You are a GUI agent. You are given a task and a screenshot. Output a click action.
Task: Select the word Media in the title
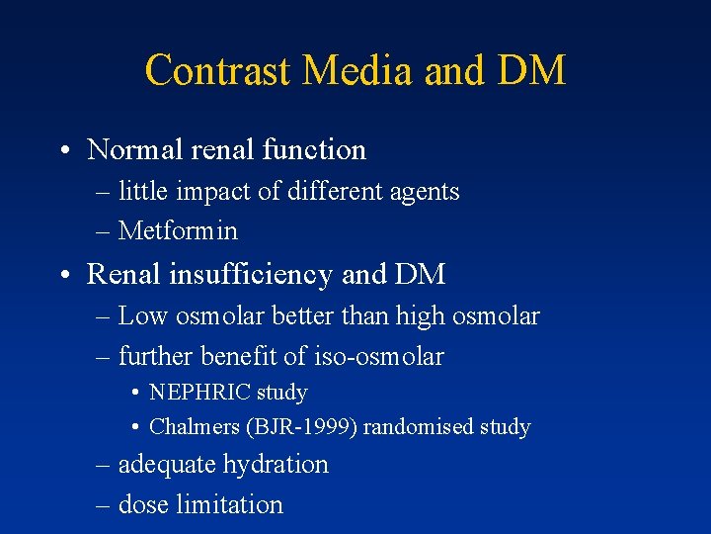(x=356, y=71)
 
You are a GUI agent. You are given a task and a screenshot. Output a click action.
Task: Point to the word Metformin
(x=178, y=231)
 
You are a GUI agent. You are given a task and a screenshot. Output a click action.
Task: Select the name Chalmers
(x=195, y=427)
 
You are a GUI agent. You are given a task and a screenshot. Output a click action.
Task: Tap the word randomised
(x=421, y=427)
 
